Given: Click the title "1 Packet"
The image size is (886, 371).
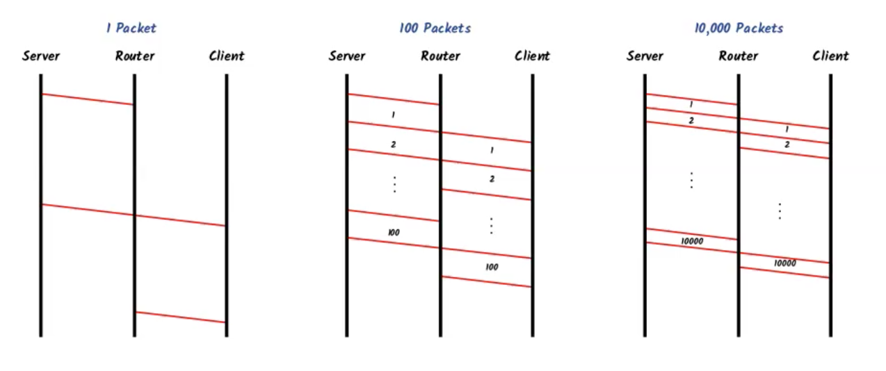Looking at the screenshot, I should pyautogui.click(x=131, y=28).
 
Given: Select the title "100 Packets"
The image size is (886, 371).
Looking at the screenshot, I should pyautogui.click(x=435, y=28).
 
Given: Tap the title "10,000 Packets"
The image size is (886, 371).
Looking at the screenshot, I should pyautogui.click(x=739, y=28).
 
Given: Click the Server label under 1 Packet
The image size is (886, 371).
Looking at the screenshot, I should pyautogui.click(x=40, y=56).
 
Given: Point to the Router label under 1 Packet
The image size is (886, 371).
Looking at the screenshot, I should pyautogui.click(x=134, y=56).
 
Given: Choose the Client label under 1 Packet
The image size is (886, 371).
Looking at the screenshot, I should pyautogui.click(x=227, y=56).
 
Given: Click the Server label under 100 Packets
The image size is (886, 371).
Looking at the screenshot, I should pyautogui.click(x=347, y=56).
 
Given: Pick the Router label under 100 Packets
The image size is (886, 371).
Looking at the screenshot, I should pyautogui.click(x=440, y=56).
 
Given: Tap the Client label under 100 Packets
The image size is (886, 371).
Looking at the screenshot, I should pyautogui.click(x=532, y=56).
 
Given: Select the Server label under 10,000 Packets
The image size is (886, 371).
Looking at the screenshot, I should pyautogui.click(x=645, y=56).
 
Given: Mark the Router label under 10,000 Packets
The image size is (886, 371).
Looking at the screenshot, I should pyautogui.click(x=738, y=56).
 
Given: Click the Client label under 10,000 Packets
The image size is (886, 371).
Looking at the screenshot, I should pyautogui.click(x=830, y=56).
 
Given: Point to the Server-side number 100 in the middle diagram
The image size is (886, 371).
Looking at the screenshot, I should pyautogui.click(x=394, y=233).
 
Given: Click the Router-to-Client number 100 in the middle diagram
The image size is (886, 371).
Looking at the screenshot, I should pyautogui.click(x=492, y=267).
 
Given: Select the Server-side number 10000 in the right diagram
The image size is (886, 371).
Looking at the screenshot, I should pyautogui.click(x=692, y=241).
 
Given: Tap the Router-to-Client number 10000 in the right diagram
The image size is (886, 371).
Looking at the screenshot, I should pyautogui.click(x=785, y=264).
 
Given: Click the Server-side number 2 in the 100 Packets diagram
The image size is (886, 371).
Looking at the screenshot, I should pyautogui.click(x=394, y=145).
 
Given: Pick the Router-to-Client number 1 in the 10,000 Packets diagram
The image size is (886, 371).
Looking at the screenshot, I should pyautogui.click(x=787, y=129).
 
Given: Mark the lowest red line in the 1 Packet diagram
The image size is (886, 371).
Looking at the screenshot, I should pyautogui.click(x=180, y=318).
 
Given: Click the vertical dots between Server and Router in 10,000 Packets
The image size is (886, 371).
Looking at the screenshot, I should pyautogui.click(x=691, y=179).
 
